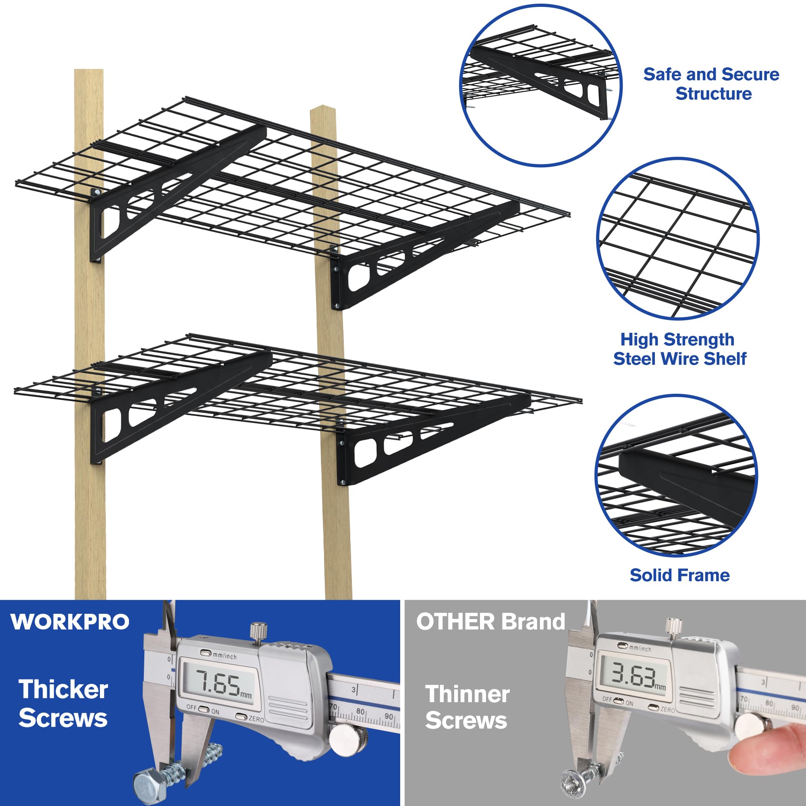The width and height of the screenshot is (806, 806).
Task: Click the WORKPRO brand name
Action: coord(70,622)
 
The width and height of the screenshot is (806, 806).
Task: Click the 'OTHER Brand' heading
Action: coord(490,621)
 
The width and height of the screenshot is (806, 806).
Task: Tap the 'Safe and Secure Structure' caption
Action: coord(711,84)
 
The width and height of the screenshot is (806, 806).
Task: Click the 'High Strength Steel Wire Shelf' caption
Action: coord(679,349)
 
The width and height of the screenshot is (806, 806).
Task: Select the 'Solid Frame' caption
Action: coord(679,575)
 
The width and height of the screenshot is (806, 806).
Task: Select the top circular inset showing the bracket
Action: coord(541,85)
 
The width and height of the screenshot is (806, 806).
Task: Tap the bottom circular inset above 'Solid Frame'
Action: coord(676,476)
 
